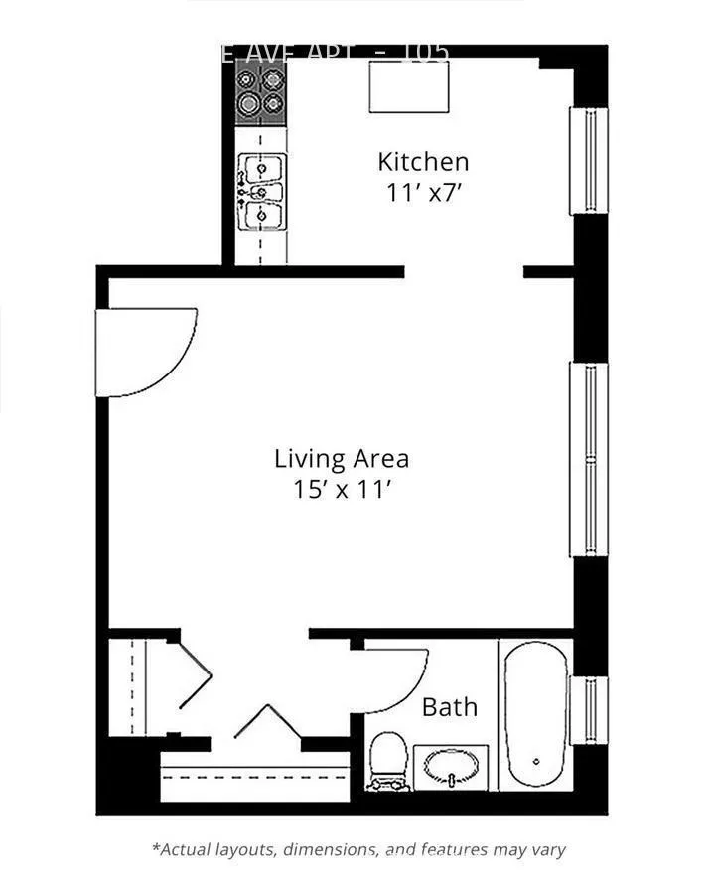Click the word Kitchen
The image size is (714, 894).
422,161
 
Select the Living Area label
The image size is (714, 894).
342,459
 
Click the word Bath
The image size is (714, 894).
449,707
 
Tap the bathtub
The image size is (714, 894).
534,713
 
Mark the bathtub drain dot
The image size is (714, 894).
535,762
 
